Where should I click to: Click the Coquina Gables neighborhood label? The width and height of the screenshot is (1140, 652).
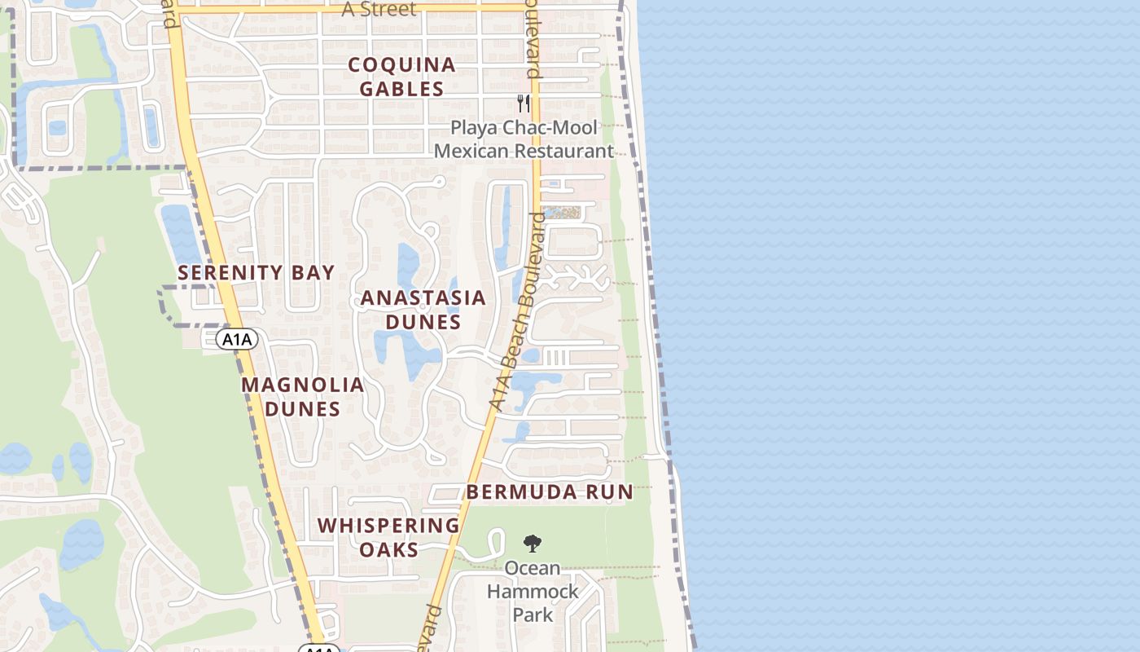point(401,77)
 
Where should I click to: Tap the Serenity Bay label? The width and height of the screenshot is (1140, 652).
point(256,273)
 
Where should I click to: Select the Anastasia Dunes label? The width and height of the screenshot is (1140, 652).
point(423,310)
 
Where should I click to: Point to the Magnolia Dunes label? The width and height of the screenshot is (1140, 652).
point(302,396)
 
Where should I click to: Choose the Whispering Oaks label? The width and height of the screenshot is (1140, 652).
point(388,537)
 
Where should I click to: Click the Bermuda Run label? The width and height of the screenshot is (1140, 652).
point(549,491)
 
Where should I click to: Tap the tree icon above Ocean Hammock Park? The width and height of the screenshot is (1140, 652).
point(533,543)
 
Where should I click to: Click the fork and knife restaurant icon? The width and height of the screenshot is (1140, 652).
point(524,104)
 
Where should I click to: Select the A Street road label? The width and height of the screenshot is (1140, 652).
point(379,10)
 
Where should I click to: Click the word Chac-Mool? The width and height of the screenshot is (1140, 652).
point(555,127)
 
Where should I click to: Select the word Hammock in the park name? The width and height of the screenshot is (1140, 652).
point(533,591)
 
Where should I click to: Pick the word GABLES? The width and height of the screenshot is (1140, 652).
point(401,89)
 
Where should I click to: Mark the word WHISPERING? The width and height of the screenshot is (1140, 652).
point(388,526)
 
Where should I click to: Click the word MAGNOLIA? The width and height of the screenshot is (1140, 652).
point(302,385)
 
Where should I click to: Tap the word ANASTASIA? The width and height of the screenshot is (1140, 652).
point(423,298)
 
